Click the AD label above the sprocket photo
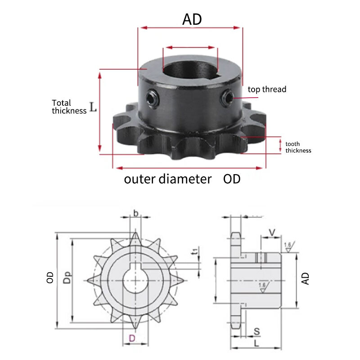192,19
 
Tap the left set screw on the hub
152,98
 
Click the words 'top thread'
267,89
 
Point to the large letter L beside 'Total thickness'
93,107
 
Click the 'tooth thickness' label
298,147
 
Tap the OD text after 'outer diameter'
232,179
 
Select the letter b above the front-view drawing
136,213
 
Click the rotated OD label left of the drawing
50,278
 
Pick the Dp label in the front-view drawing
67,278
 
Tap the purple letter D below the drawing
132,338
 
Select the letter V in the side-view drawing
272,233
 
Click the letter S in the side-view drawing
257,331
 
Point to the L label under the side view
256,343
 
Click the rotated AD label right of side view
306,279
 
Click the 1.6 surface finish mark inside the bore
263,288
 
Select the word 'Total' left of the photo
61,103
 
